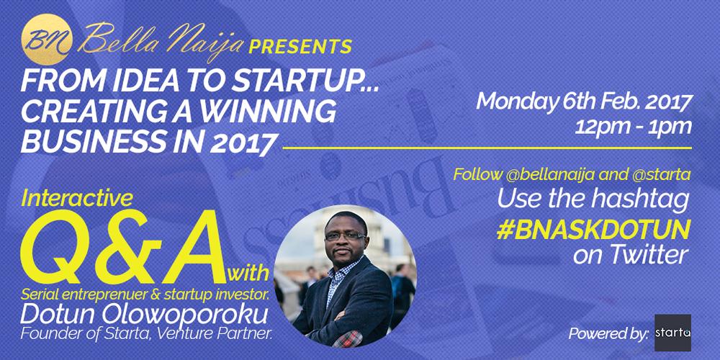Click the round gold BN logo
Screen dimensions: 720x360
(x=47, y=40)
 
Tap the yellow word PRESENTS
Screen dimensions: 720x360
(x=300, y=46)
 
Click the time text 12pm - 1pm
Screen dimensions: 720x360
(x=633, y=126)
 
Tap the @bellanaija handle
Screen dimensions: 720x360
(x=544, y=175)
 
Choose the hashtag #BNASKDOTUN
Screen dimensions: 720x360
(x=593, y=231)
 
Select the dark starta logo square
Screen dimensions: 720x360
(x=672, y=333)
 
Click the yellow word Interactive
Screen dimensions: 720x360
(x=77, y=199)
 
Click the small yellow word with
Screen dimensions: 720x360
(x=248, y=274)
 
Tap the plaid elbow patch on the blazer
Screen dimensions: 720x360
(x=347, y=338)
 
